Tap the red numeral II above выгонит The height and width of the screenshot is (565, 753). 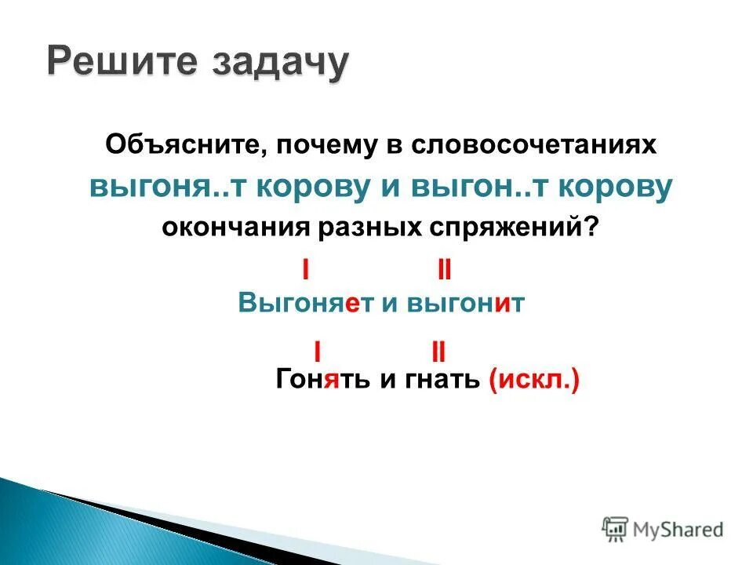coord(444,271)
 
